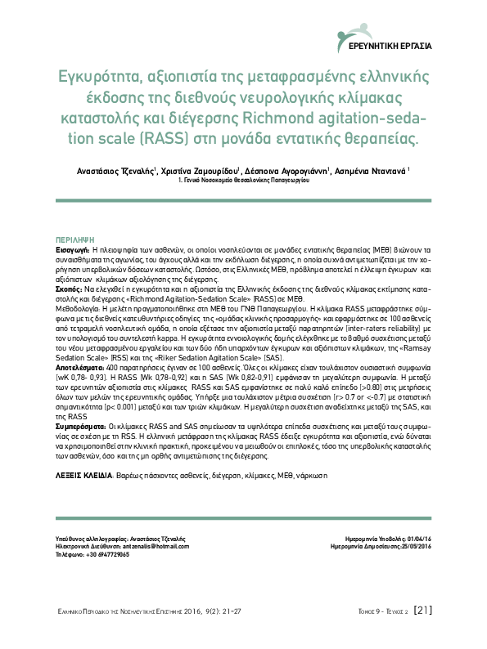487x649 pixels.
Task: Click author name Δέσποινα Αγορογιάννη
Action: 286,171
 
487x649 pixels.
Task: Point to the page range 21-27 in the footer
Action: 223,610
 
